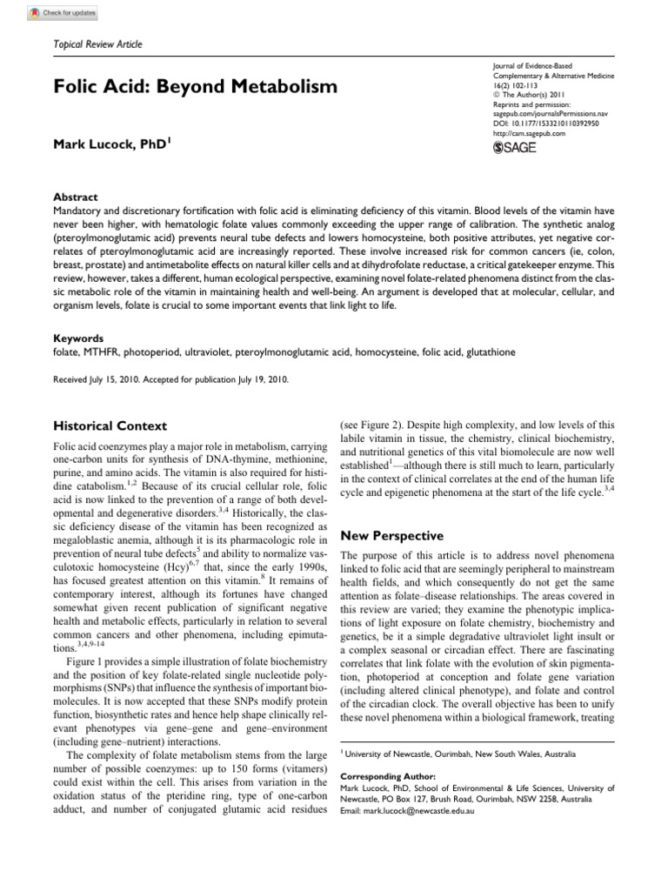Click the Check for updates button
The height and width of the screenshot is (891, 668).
click(63, 14)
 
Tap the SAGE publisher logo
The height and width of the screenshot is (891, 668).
click(515, 147)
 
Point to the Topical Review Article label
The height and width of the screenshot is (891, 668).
click(98, 44)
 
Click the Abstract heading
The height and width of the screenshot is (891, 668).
click(75, 197)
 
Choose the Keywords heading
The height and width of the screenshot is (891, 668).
click(78, 338)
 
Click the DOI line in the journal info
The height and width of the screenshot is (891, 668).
click(539, 124)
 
